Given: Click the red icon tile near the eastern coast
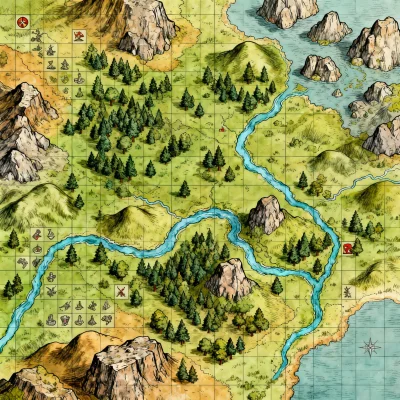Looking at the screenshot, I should tap(347, 247).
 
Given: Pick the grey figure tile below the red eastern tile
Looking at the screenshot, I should tap(347, 291).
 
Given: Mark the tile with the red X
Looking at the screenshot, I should tap(121, 292).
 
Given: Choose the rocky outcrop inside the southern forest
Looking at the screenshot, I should tap(231, 279).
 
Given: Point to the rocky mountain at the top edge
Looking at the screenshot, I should tap(147, 25).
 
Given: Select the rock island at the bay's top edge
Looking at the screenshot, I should tap(288, 11).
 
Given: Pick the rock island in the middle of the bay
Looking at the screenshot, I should tap(321, 67).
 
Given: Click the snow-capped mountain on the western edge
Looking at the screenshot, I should tap(22, 125).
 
